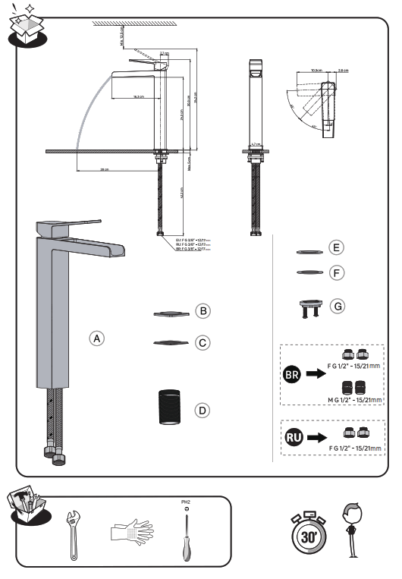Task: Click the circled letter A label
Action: click(x=96, y=338)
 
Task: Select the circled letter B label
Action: click(x=202, y=310)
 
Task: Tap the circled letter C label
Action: click(x=202, y=343)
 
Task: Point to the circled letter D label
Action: click(x=202, y=410)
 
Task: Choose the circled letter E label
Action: click(x=338, y=248)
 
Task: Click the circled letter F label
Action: click(x=338, y=272)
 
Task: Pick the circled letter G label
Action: click(x=338, y=306)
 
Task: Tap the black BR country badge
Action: click(x=292, y=376)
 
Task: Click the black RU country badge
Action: click(x=292, y=436)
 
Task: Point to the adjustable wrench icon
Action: click(x=73, y=533)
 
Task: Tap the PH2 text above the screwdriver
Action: click(x=182, y=502)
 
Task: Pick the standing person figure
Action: click(x=350, y=529)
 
